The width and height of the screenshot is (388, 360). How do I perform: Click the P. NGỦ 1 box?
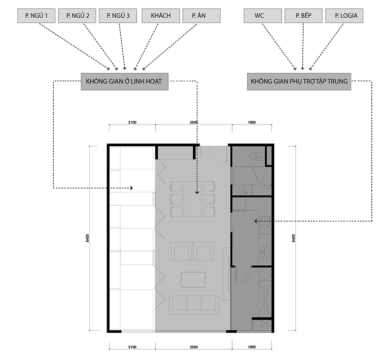(x=36, y=16)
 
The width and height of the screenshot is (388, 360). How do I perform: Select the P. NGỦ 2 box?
(x=77, y=16)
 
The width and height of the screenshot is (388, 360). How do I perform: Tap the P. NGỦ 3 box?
(x=118, y=16)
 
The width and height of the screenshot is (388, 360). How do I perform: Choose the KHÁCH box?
(x=161, y=16)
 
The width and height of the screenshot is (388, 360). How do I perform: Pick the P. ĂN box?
(x=202, y=16)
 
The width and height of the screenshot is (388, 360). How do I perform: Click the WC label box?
(x=263, y=16)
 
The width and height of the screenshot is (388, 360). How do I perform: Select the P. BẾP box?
(x=304, y=16)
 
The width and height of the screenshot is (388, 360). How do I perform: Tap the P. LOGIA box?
(x=345, y=16)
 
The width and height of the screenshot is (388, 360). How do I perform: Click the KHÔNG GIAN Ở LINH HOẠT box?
(x=125, y=81)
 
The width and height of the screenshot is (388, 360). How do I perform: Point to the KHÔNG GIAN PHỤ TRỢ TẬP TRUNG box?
(x=299, y=81)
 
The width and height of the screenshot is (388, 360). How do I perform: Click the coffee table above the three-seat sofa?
(x=193, y=280)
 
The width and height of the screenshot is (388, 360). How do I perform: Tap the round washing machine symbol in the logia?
(x=265, y=274)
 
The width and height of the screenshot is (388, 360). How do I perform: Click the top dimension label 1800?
(x=251, y=122)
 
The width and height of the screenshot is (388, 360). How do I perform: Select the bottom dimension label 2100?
(x=133, y=347)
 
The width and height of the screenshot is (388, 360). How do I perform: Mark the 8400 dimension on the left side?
(x=87, y=238)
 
